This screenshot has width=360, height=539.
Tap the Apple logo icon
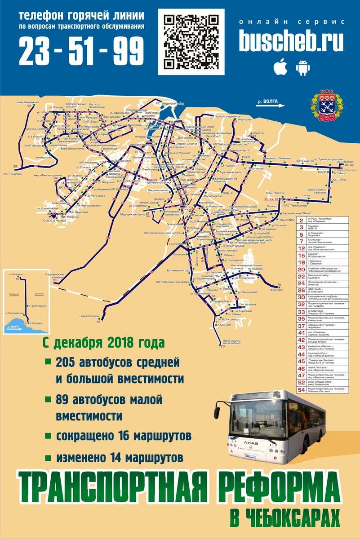click(281, 67)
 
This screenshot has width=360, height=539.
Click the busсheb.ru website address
click(291, 42)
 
